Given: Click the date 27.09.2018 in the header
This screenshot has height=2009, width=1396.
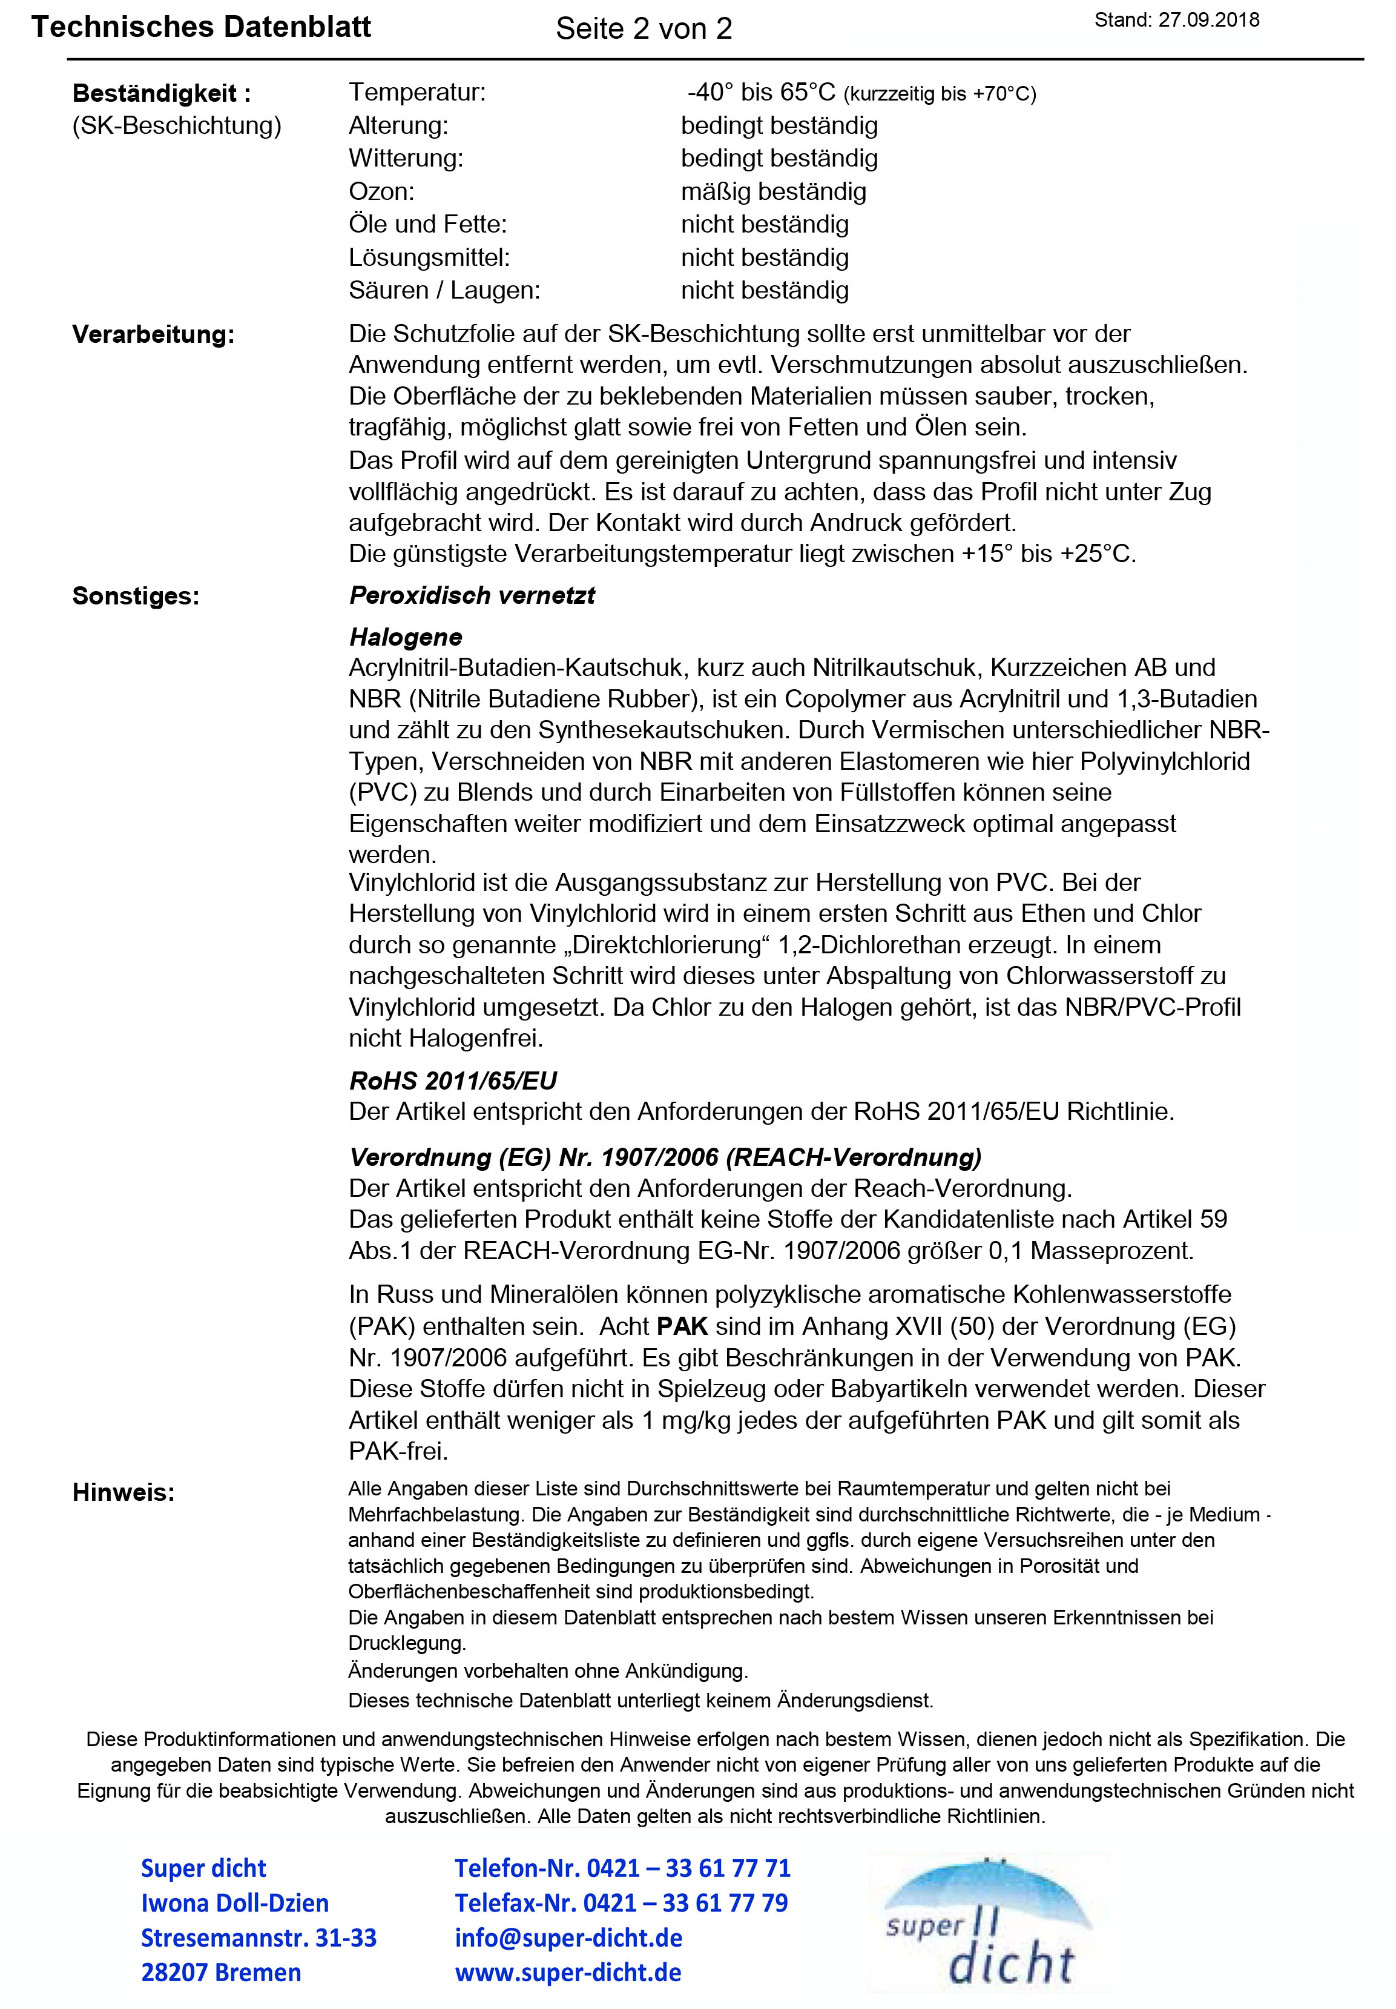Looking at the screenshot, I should pyautogui.click(x=1209, y=20).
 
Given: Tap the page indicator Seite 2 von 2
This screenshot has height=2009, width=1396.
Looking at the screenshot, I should pyautogui.click(x=644, y=29).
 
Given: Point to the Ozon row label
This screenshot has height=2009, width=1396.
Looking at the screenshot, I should pyautogui.click(x=381, y=191).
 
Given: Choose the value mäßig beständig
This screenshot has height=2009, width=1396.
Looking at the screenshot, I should pyautogui.click(x=773, y=191).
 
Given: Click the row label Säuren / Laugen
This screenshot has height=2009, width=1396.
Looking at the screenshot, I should pyautogui.click(x=444, y=291).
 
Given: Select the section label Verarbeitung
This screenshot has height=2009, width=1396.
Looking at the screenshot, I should pyautogui.click(x=153, y=334).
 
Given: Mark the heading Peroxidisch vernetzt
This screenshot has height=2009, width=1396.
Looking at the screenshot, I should pyautogui.click(x=472, y=596).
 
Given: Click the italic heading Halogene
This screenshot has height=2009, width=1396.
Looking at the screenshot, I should pyautogui.click(x=406, y=637).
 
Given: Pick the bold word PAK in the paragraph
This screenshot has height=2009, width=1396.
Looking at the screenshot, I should pyautogui.click(x=682, y=1326).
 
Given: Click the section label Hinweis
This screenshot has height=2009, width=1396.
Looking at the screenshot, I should pyautogui.click(x=123, y=1493).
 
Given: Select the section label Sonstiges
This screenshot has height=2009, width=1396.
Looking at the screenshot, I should pyautogui.click(x=136, y=596).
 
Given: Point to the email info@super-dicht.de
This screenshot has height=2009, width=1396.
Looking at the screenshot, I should pyautogui.click(x=568, y=1938).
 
